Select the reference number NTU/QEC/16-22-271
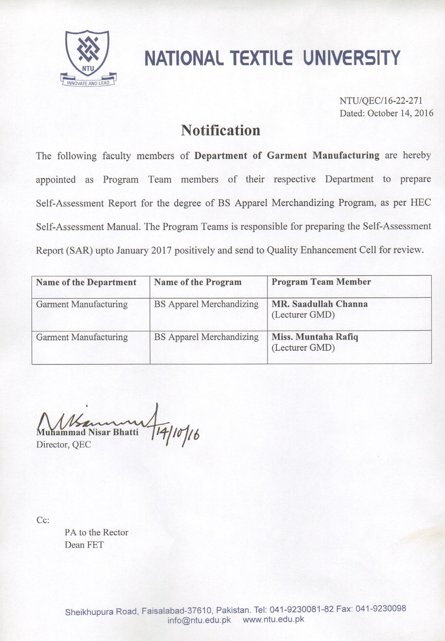[381, 101]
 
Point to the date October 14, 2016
[400, 113]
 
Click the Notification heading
[220, 130]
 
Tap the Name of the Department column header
[86, 283]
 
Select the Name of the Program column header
[198, 282]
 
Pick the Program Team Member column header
[321, 282]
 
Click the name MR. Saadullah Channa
[319, 304]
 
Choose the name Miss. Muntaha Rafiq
[315, 337]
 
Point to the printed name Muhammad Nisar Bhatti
[87, 432]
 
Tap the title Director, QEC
[64, 445]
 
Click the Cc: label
[43, 520]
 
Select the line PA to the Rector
[96, 533]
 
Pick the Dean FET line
[84, 545]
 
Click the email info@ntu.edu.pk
[199, 620]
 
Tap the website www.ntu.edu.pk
[273, 619]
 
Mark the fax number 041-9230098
[381, 609]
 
